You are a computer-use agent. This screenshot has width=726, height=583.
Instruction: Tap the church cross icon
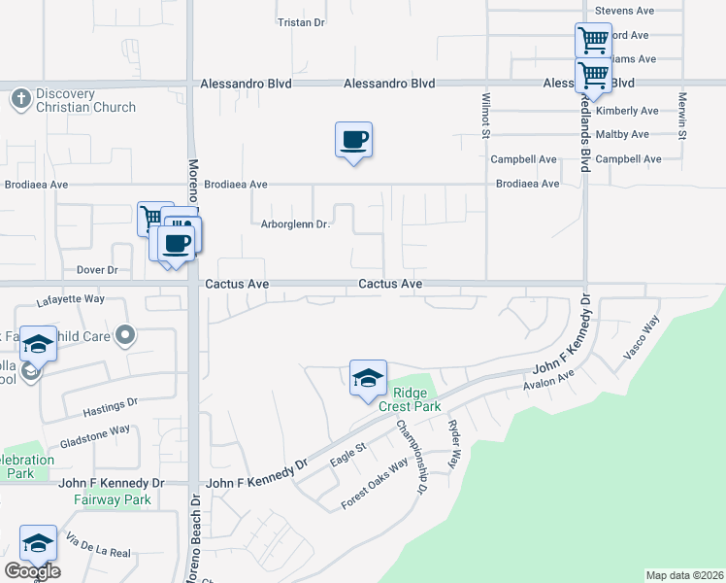tap(20, 98)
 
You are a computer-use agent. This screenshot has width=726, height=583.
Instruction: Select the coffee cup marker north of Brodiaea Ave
tap(354, 140)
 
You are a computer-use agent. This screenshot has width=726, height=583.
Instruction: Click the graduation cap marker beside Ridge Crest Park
tap(368, 378)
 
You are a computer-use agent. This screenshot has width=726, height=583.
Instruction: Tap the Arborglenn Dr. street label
tap(296, 225)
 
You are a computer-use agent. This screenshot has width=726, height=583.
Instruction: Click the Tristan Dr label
tap(301, 21)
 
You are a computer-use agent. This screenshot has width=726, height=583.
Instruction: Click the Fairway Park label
tap(113, 500)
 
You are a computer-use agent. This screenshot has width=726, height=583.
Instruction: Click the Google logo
tap(32, 571)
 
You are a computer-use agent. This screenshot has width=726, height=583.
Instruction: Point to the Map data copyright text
tap(685, 575)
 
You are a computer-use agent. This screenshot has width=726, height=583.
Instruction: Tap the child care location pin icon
tap(125, 336)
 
